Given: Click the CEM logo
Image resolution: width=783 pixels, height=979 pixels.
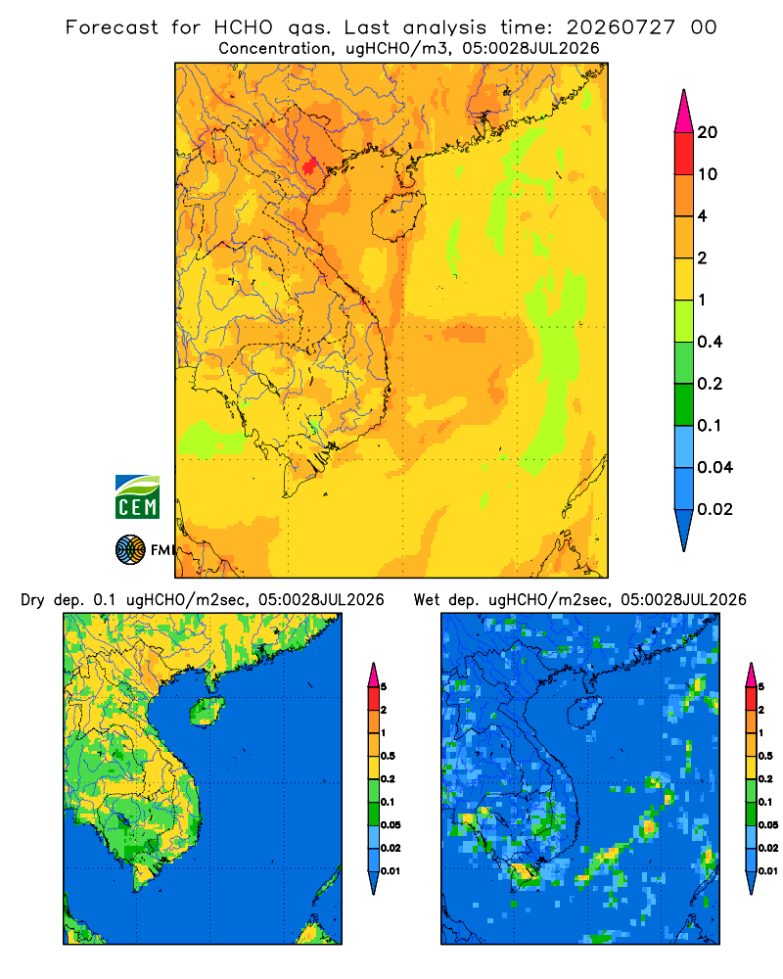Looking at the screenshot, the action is (x=137, y=497).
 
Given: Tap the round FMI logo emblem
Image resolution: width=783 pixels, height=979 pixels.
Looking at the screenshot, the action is (x=130, y=550).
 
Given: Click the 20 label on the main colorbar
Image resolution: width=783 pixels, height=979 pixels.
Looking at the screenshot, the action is (x=708, y=132).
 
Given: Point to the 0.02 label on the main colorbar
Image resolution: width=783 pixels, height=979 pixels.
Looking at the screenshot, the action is (x=714, y=509).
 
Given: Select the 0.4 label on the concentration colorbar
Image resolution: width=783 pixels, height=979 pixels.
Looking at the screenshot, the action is (x=710, y=342).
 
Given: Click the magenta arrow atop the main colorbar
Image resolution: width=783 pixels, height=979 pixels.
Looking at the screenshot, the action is (x=684, y=112).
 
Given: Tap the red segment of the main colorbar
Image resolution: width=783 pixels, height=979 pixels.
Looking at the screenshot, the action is (x=684, y=154).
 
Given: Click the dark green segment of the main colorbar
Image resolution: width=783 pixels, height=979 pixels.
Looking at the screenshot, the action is (x=684, y=404).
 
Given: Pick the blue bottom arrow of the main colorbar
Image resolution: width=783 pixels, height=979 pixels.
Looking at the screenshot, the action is (x=684, y=530).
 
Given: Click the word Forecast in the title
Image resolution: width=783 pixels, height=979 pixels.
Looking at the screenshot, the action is (x=112, y=27).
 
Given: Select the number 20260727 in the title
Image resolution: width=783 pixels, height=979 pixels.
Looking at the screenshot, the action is (x=621, y=27).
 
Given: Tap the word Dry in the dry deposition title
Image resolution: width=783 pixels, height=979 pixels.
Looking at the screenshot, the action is (x=33, y=600).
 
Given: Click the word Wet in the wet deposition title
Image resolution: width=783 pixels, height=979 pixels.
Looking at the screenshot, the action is (x=426, y=600).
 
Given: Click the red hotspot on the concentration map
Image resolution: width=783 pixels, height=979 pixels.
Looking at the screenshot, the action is (x=309, y=166).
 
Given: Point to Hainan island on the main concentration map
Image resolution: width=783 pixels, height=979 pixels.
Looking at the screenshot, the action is (x=398, y=215).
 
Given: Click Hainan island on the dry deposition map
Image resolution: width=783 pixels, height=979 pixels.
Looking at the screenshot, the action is (x=207, y=711).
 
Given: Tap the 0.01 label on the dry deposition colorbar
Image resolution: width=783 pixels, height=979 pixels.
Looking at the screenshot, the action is (x=391, y=871).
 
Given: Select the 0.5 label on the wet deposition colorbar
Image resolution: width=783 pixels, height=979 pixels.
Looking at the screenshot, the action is (x=765, y=756).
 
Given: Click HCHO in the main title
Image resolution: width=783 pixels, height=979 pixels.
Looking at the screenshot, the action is (x=244, y=27).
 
